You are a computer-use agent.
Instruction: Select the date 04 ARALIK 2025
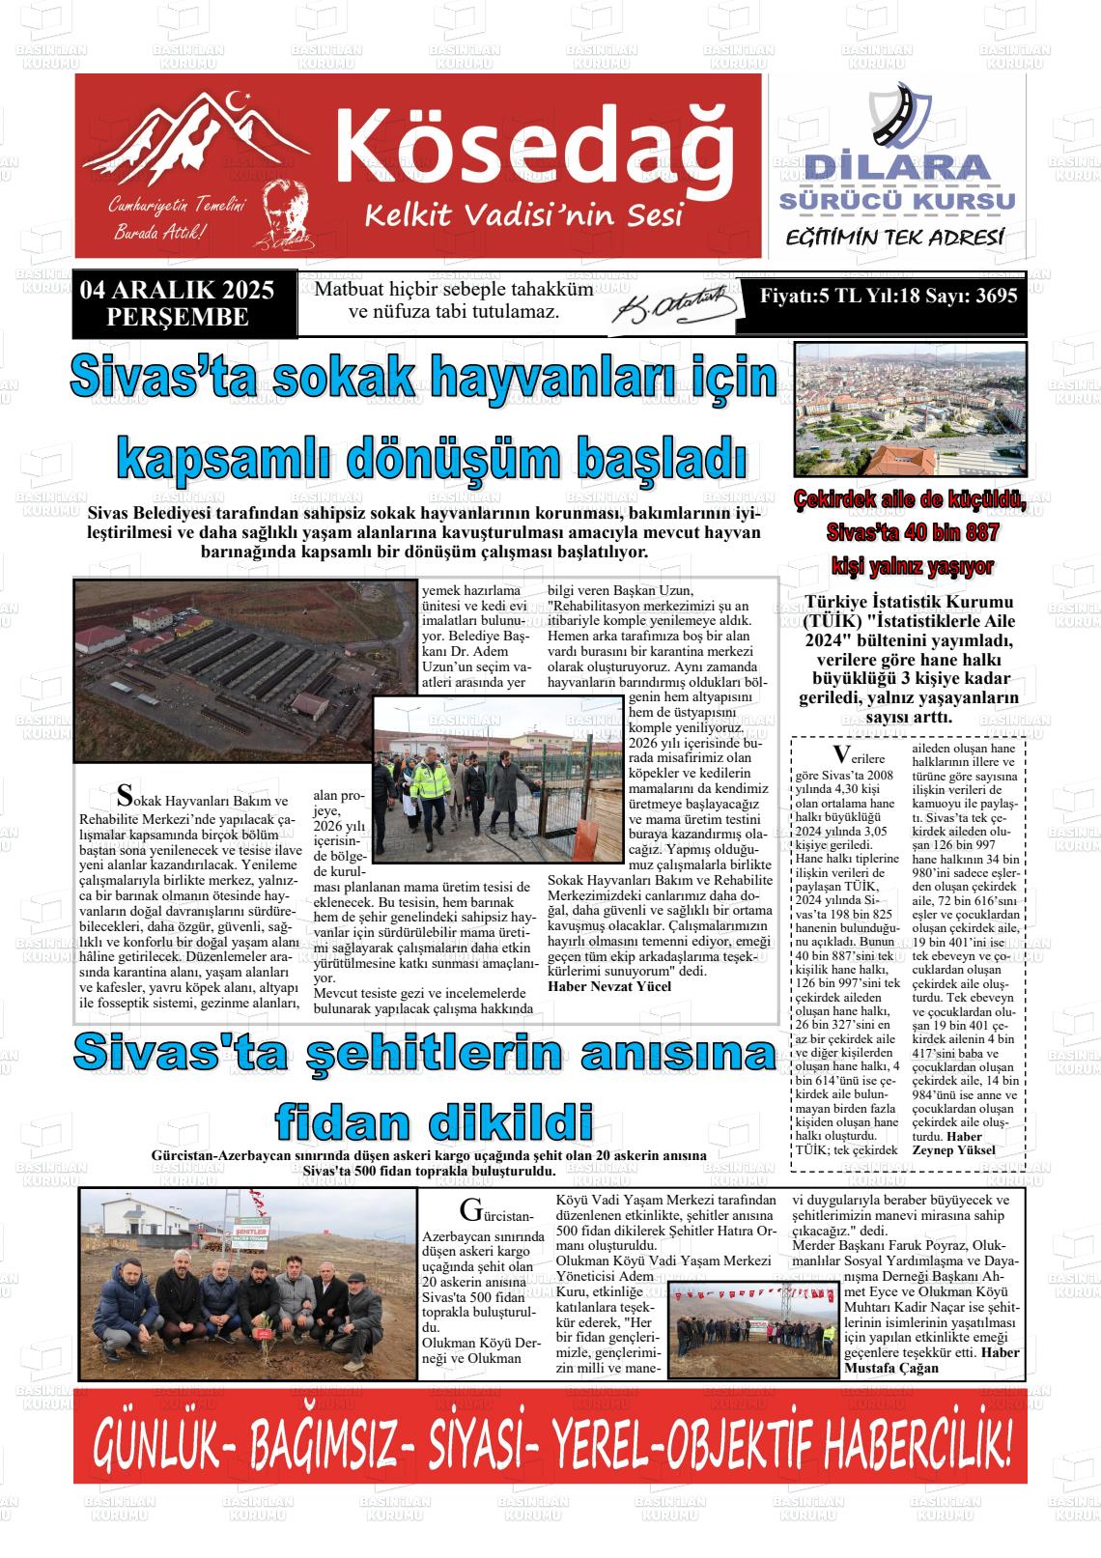pyautogui.click(x=178, y=290)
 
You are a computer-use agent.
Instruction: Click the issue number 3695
pyautogui.click(x=996, y=297)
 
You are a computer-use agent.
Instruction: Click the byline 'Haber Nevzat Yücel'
pyautogui.click(x=609, y=986)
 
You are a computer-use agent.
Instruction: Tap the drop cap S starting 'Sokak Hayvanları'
pyautogui.click(x=123, y=795)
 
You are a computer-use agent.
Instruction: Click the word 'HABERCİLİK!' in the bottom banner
pyautogui.click(x=914, y=1449)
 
